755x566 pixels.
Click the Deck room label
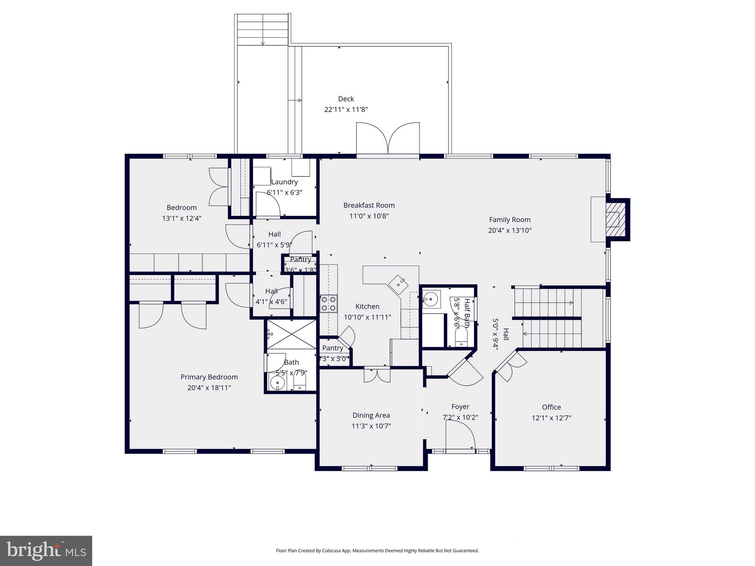346,99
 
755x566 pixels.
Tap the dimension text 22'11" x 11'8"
346,109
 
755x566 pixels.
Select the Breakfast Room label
369,205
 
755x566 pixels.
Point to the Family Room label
509,220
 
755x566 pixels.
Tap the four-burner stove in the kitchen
328,303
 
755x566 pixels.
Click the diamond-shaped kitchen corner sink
398,284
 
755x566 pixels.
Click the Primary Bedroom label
209,377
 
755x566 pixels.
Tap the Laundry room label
284,182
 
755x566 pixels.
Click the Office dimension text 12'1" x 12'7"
551,418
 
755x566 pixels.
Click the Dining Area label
371,415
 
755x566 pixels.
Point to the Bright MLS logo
46,551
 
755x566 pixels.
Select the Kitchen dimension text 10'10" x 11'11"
367,317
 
